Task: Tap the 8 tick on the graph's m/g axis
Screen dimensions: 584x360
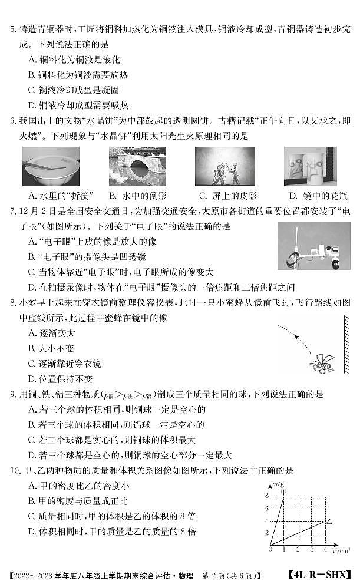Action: [x=267, y=495]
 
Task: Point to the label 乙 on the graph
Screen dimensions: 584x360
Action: [x=329, y=521]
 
